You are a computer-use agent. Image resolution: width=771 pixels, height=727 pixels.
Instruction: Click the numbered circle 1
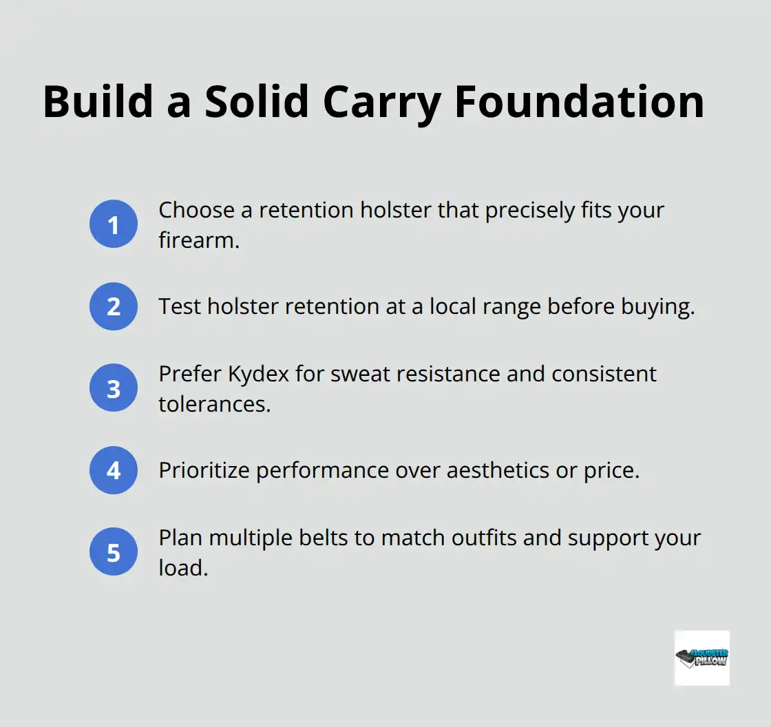(114, 224)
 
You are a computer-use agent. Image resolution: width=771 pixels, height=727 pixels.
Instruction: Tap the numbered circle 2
(114, 306)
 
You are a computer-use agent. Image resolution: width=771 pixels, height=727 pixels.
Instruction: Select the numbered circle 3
(114, 388)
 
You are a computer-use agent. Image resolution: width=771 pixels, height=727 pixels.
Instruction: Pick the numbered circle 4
(114, 470)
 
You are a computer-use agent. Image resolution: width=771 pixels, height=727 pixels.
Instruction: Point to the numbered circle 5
(114, 552)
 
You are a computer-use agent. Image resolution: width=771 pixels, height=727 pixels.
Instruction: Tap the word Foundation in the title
(580, 102)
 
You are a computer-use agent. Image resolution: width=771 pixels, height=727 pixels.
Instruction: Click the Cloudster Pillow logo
(701, 657)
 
